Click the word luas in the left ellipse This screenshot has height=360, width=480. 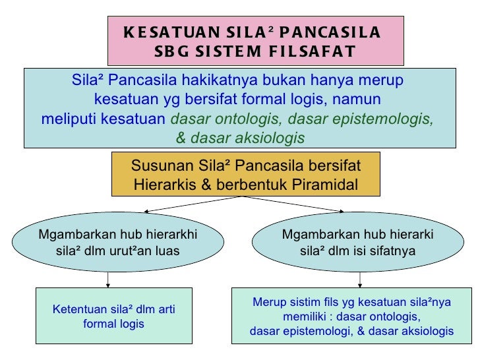166,250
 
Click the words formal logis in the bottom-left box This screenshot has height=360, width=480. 113,325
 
